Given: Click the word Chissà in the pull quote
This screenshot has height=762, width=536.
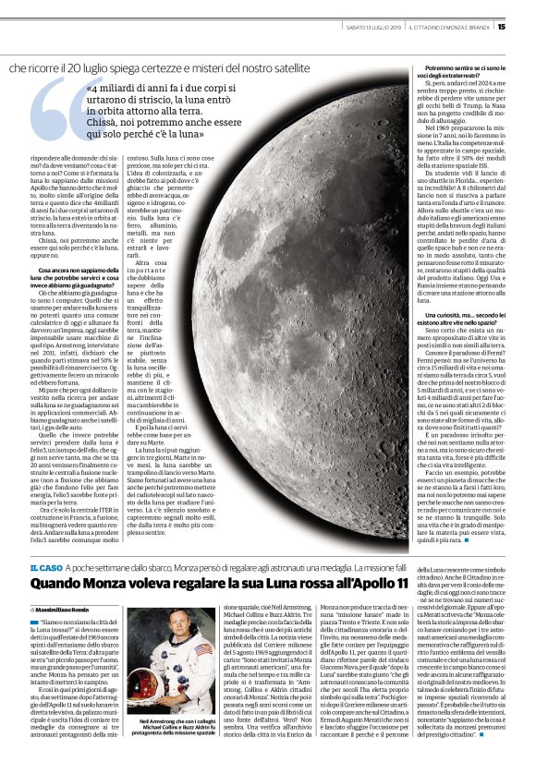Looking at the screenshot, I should coord(107,120).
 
